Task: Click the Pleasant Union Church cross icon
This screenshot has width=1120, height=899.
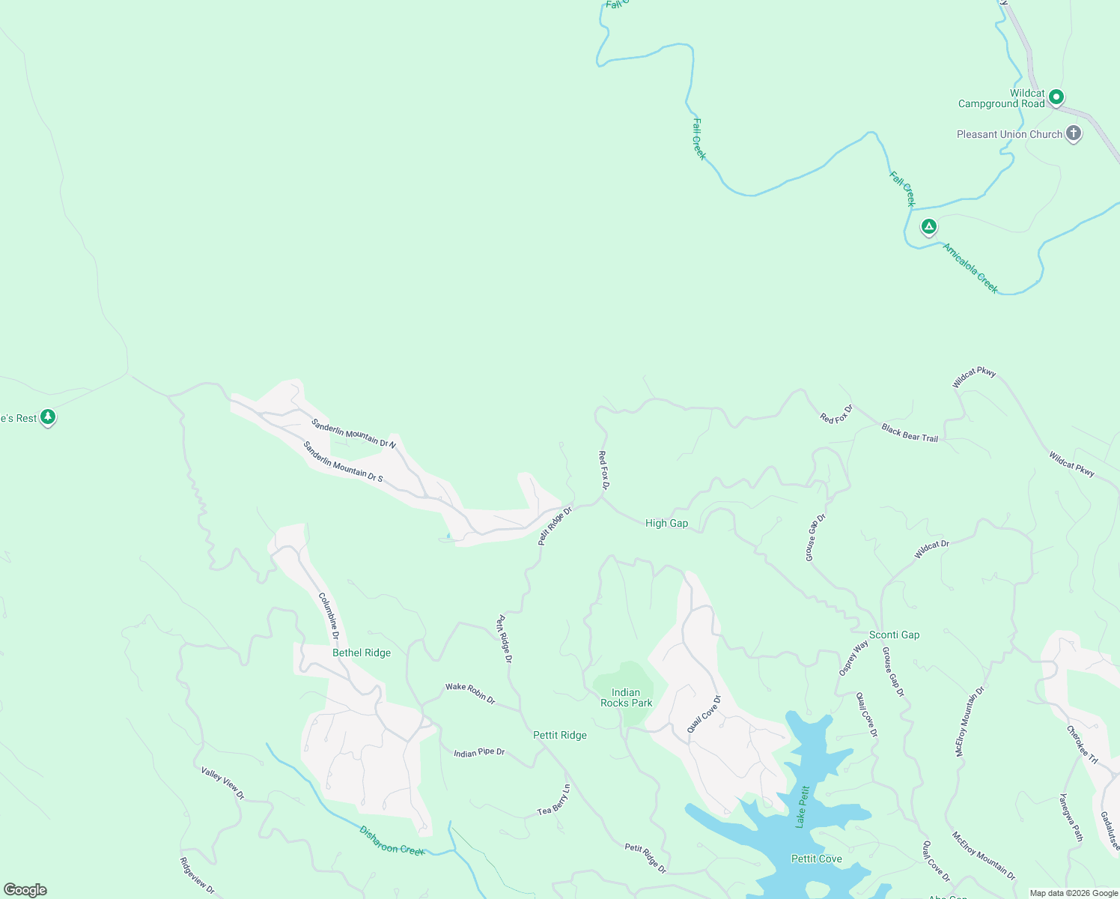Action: pyautogui.click(x=1073, y=133)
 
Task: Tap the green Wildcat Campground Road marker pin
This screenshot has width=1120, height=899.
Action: pyautogui.click(x=1056, y=97)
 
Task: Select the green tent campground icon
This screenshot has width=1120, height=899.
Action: pyautogui.click(x=928, y=225)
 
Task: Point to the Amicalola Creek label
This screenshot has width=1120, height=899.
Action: pyautogui.click(x=970, y=268)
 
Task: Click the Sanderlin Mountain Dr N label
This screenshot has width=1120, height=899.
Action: pyautogui.click(x=353, y=433)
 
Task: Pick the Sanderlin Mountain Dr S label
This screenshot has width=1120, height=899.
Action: pyautogui.click(x=343, y=461)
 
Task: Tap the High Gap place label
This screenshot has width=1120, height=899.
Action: pyautogui.click(x=666, y=523)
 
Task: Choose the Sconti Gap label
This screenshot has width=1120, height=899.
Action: pyautogui.click(x=894, y=635)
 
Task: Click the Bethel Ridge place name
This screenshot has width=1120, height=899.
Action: pyautogui.click(x=362, y=653)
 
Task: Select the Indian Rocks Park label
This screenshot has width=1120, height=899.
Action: pyautogui.click(x=626, y=697)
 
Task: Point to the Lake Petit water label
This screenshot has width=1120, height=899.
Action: pyautogui.click(x=803, y=806)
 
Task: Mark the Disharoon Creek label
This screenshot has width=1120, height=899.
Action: pyautogui.click(x=392, y=840)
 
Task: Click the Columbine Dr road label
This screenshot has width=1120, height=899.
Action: pyautogui.click(x=329, y=616)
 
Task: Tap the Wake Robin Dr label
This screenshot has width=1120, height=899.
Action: pyautogui.click(x=470, y=692)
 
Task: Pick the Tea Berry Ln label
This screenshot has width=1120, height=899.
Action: pyautogui.click(x=554, y=800)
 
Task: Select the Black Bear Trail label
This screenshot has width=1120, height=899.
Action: pyautogui.click(x=910, y=432)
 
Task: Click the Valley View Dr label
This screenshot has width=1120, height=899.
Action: pyautogui.click(x=222, y=783)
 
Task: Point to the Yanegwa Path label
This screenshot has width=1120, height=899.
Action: pyautogui.click(x=1071, y=817)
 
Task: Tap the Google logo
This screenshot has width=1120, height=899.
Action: pyautogui.click(x=25, y=890)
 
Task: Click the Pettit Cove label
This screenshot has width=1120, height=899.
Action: pyautogui.click(x=816, y=859)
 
